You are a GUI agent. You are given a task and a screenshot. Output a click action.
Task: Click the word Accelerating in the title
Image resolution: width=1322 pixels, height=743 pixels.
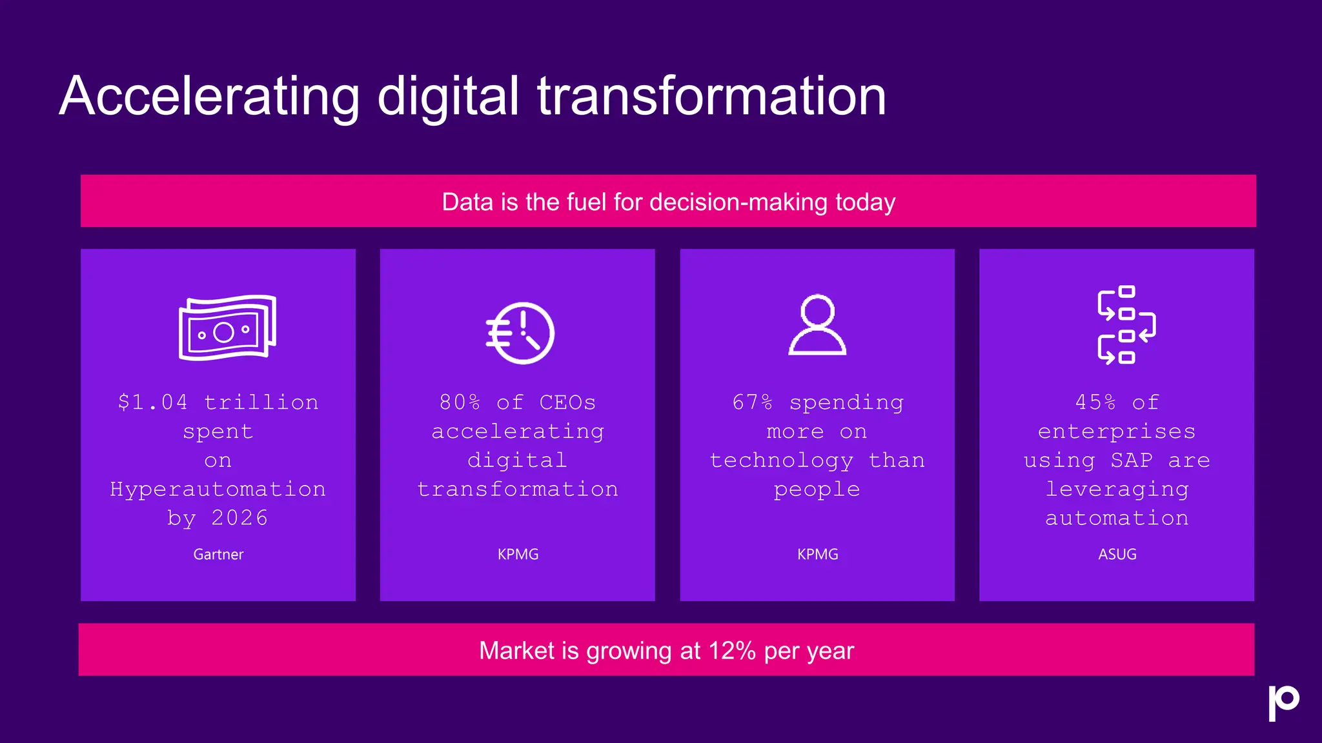coord(209,97)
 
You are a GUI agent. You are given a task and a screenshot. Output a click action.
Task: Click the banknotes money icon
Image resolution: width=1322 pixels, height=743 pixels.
coord(227,328)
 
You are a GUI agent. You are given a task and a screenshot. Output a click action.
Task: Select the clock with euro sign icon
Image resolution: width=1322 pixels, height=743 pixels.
coord(520,333)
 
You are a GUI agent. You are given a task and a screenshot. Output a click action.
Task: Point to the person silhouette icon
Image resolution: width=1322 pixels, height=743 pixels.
coord(817,325)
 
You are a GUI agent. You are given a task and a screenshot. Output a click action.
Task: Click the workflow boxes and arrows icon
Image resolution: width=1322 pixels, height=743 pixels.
coord(1126,324)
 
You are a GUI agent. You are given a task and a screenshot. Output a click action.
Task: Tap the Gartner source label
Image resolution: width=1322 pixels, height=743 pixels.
coord(218,554)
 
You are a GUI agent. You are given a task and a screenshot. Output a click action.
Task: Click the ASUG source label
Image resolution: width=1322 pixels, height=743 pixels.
coord(1117,554)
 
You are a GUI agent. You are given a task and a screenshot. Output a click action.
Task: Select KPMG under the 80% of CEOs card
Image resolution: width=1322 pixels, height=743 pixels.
coord(518,554)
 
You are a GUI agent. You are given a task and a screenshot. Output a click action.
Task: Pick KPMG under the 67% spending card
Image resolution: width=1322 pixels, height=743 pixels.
coord(817,554)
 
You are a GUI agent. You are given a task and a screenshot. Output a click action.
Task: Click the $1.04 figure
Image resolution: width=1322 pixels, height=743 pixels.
coord(153,402)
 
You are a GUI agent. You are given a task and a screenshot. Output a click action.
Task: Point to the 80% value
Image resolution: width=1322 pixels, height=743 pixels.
coord(460,402)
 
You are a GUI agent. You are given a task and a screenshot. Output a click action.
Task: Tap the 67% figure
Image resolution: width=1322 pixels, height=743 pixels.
coord(753,402)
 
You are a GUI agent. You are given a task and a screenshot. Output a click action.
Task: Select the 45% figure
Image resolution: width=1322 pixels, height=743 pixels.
coord(1095,402)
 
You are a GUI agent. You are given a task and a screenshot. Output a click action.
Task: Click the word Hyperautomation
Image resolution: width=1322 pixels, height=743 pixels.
coord(218,489)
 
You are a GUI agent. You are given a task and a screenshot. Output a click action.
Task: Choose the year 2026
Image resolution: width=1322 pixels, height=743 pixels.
coord(239,518)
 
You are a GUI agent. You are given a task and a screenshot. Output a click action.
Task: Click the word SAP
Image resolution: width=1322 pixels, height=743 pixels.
coord(1132,460)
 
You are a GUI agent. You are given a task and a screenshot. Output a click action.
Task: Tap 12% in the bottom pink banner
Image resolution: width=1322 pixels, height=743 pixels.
coord(731,650)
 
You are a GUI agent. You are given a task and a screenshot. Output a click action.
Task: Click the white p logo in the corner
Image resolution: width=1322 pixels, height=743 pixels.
coord(1283,702)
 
